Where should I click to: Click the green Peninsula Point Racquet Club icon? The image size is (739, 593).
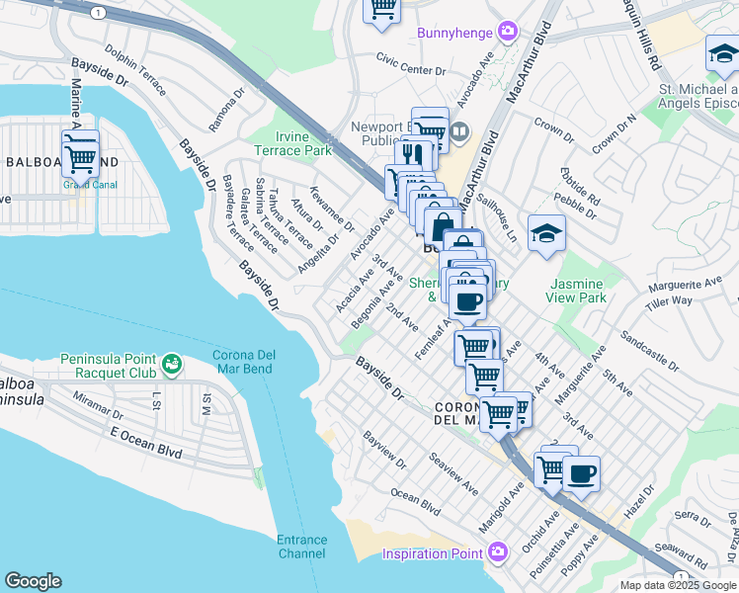click(x=173, y=365)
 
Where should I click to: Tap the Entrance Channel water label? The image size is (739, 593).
click(x=301, y=547)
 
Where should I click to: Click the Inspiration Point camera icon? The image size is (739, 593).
click(x=498, y=551)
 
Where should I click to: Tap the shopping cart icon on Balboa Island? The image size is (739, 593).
click(x=80, y=154)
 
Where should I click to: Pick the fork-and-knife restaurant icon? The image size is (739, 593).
click(x=413, y=155)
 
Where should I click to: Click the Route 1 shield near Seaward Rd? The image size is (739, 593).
click(x=680, y=576)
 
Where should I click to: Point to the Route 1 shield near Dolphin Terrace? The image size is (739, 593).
click(x=97, y=13)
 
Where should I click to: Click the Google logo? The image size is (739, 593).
click(x=33, y=581)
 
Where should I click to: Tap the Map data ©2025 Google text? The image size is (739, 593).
click(x=678, y=585)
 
